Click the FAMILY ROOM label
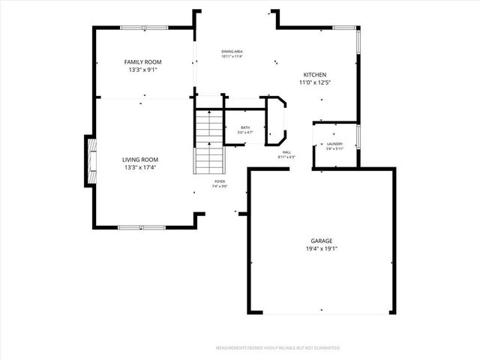pyautogui.click(x=142, y=62)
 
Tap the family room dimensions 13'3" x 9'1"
pyautogui.click(x=142, y=70)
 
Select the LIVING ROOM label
pyautogui.click(x=140, y=159)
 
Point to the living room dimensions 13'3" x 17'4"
pyautogui.click(x=140, y=167)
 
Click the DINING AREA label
pyautogui.click(x=232, y=52)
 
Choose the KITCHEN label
pyautogui.click(x=314, y=75)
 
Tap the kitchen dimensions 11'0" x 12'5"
pyautogui.click(x=314, y=82)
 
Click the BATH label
pyautogui.click(x=245, y=127)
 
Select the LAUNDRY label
pyautogui.click(x=334, y=144)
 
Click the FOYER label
pyautogui.click(x=220, y=181)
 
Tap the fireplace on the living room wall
pyautogui.click(x=90, y=160)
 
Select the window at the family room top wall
pyautogui.click(x=145, y=28)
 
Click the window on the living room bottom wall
pyautogui.click(x=142, y=226)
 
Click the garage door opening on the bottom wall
pyautogui.click(x=321, y=313)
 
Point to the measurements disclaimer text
pyautogui.click(x=278, y=348)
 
